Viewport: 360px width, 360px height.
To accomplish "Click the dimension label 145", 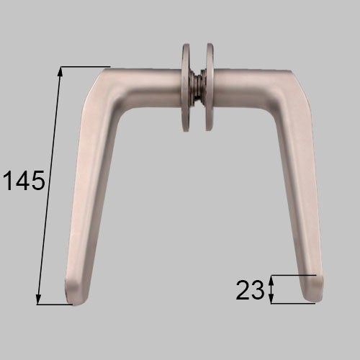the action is tap(24, 180).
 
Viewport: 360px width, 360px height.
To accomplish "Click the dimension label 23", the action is tap(250, 289).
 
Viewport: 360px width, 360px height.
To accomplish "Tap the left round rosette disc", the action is tap(186, 87).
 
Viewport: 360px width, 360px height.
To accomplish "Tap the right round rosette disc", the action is tap(210, 87).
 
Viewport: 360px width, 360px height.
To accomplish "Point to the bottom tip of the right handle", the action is tap(314, 301).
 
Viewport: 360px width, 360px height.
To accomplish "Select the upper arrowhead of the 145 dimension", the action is tap(60, 71).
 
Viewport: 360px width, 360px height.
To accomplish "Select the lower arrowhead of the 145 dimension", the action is tap(38, 300).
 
